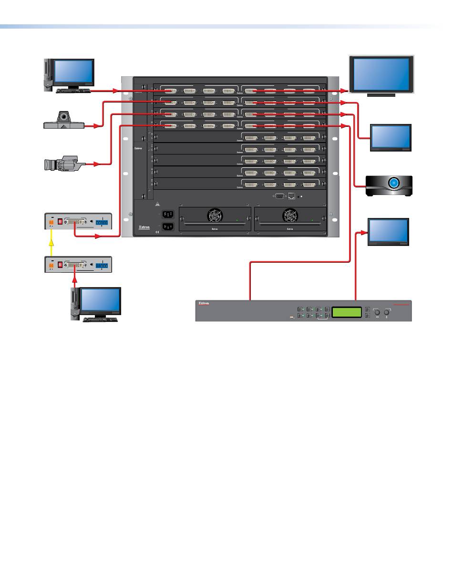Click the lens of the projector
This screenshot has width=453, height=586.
pyautogui.click(x=394, y=183)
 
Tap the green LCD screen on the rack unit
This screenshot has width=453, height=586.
pyautogui.click(x=346, y=313)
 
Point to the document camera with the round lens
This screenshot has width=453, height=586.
pyautogui.click(x=64, y=120)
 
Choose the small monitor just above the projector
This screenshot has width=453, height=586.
pyautogui.click(x=391, y=137)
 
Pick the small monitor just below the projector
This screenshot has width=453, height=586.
pyautogui.click(x=389, y=232)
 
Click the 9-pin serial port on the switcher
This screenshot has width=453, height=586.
pyautogui.click(x=279, y=195)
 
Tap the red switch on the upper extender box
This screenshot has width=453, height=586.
pyautogui.click(x=60, y=222)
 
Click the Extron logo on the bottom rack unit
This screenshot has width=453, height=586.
pyautogui.click(x=204, y=303)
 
